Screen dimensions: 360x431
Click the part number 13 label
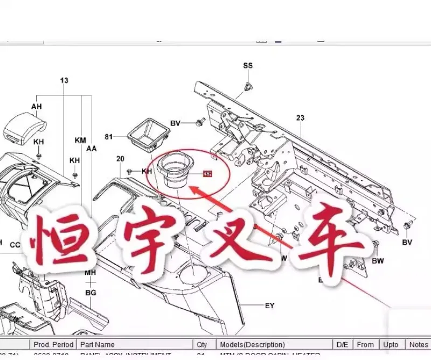(x=64, y=81)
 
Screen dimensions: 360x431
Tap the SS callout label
(x=247, y=66)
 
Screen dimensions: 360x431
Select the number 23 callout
(x=300, y=117)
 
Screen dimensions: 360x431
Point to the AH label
(x=36, y=107)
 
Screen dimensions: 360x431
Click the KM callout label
(x=80, y=140)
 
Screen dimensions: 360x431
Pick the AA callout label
(x=92, y=148)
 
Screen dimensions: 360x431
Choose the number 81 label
(x=109, y=137)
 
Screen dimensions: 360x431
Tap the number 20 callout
(x=120, y=158)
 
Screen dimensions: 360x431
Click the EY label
(x=269, y=306)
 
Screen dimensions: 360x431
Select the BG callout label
(x=91, y=293)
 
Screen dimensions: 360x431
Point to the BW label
(x=378, y=261)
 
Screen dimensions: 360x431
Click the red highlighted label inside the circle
(x=207, y=174)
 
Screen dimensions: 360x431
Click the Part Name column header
(x=98, y=344)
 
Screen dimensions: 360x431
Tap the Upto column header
(x=391, y=344)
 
